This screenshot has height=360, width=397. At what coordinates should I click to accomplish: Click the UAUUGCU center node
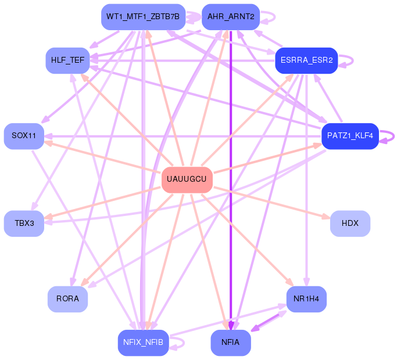(x=187, y=179)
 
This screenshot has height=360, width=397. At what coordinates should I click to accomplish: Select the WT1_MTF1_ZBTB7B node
(x=143, y=16)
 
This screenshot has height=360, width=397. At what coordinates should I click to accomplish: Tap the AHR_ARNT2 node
(x=231, y=16)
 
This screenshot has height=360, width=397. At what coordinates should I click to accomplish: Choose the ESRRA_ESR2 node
(x=306, y=60)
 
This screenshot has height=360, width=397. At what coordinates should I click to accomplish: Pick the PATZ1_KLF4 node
(x=350, y=136)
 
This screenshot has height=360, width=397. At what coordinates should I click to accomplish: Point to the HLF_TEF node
(x=67, y=60)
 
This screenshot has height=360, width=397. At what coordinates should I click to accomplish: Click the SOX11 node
(x=24, y=136)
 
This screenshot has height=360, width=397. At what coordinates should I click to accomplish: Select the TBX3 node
(x=24, y=224)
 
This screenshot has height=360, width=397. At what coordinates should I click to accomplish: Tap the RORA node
(x=67, y=299)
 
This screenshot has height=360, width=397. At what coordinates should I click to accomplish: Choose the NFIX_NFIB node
(x=143, y=343)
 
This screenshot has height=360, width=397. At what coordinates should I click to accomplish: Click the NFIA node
(x=231, y=343)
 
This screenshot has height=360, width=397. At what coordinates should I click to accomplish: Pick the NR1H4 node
(x=306, y=299)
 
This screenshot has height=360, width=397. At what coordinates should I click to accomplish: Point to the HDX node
(x=350, y=224)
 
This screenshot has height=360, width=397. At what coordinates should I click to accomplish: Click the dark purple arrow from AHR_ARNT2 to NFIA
(x=231, y=174)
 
